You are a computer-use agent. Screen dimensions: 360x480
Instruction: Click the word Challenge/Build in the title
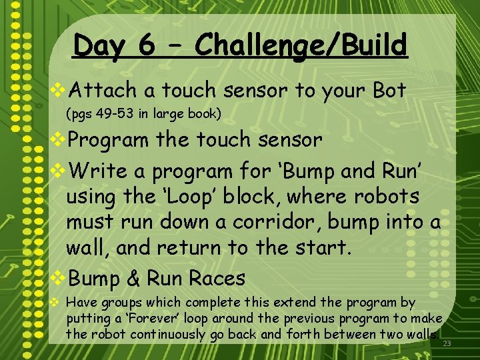[302, 47]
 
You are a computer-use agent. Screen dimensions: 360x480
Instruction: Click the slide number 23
[447, 343]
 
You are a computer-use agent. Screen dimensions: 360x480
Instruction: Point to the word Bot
[389, 91]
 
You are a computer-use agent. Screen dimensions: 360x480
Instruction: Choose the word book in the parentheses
[203, 113]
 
